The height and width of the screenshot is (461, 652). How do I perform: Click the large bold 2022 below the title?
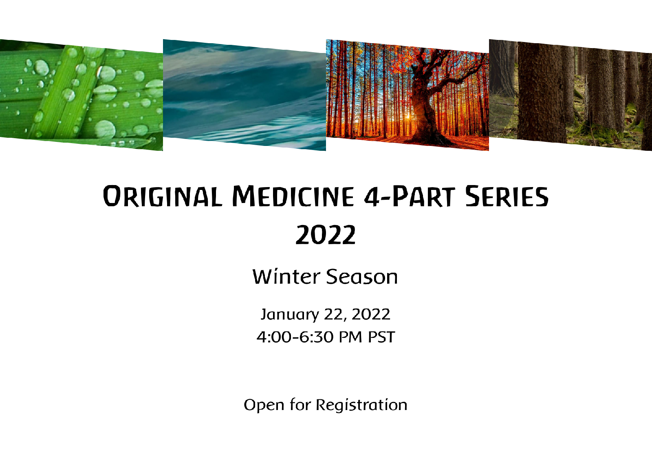click(326, 235)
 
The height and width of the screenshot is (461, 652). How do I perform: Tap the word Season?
click(362, 277)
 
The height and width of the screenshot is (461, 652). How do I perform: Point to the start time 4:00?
click(274, 337)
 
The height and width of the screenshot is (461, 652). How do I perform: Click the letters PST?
click(381, 337)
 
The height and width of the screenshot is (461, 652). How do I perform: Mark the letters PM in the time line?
click(351, 337)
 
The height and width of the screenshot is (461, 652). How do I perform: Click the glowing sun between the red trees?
click(407, 117)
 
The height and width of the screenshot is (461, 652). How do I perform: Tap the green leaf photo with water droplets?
click(81, 95)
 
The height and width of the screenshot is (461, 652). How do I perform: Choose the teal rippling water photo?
click(244, 95)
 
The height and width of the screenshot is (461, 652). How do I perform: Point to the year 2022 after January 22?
click(371, 315)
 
